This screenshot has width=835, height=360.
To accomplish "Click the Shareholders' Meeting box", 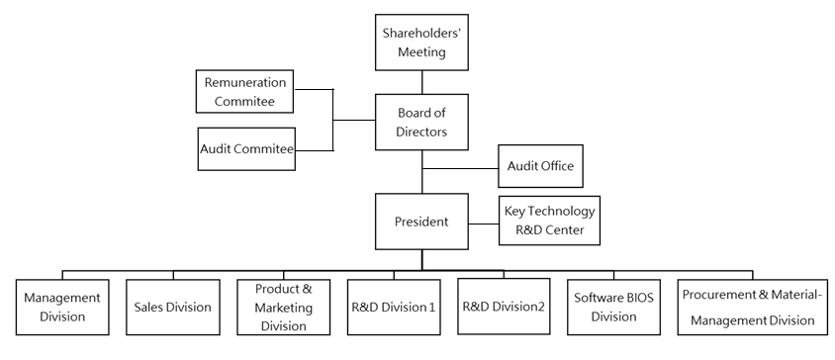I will (x=422, y=43).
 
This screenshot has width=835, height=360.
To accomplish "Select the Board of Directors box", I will (x=422, y=121).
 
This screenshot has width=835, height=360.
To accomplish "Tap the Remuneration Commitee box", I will (x=246, y=92).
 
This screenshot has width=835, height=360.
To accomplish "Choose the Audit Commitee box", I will (x=247, y=148).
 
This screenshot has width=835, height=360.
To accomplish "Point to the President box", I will (x=422, y=223).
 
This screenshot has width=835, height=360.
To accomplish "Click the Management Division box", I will (x=62, y=307).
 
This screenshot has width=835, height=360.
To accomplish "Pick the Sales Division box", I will (x=173, y=307).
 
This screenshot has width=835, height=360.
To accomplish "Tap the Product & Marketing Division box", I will (x=284, y=307).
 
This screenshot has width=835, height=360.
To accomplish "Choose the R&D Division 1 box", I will (x=393, y=307).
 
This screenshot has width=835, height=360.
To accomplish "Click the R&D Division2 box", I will (x=503, y=307).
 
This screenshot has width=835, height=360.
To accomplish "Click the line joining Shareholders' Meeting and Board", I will (x=422, y=80).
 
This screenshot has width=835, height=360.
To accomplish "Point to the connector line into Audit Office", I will (x=459, y=166).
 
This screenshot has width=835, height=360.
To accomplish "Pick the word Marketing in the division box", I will (x=284, y=307).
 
